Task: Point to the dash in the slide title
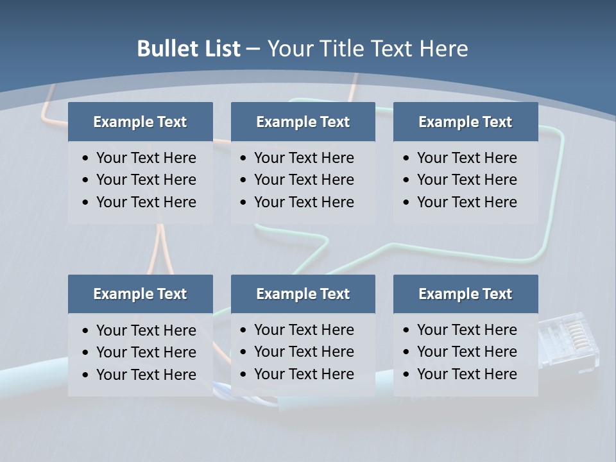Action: point(253,49)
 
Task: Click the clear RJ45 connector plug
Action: point(568,341)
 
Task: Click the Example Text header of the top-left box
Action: point(140,122)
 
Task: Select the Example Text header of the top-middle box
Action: point(303,122)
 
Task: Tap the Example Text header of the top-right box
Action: point(465,122)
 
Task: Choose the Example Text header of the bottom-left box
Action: point(140,294)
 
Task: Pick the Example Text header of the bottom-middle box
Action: point(303,294)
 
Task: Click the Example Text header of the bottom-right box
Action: point(465,294)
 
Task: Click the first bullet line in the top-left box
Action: point(146,158)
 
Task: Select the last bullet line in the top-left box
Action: point(146,202)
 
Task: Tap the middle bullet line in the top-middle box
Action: point(304,180)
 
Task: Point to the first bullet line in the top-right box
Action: point(466,158)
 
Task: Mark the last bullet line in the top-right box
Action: point(466,202)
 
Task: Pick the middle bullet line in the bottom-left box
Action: point(146,352)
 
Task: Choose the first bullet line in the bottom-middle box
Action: point(304,330)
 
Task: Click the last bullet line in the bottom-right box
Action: point(466,374)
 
